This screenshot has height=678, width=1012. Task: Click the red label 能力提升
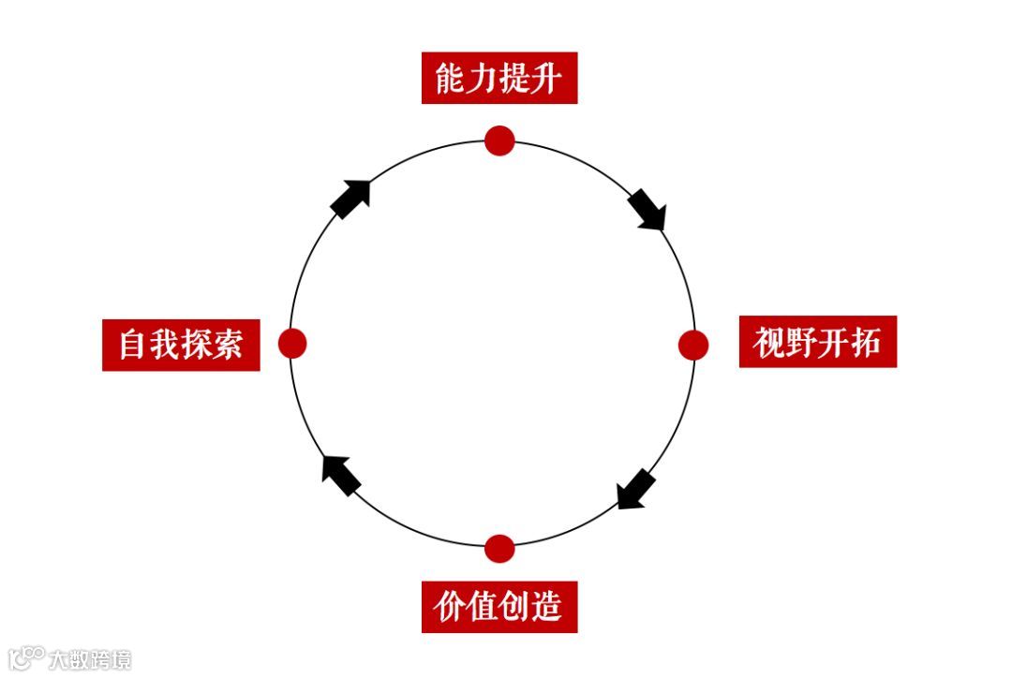pos(499,79)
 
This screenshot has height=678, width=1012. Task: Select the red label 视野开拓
pos(817,342)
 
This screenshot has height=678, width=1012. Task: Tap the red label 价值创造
pos(499,607)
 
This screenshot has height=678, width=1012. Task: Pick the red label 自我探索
pos(181,345)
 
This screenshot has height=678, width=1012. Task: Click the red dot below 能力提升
pos(499,140)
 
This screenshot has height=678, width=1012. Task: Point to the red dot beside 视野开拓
pos(693,345)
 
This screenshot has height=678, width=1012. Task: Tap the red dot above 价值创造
pos(499,548)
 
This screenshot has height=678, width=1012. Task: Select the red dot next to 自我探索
pos(292,344)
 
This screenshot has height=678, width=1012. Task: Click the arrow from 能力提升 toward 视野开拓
pos(647,209)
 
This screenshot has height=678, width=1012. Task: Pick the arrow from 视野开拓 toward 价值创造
pos(636,490)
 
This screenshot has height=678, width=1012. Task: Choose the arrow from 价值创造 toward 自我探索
pos(340,474)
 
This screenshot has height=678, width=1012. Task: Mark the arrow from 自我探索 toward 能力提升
pos(351,199)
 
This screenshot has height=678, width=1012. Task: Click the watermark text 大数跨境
pos(90,659)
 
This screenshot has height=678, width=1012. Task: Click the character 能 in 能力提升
pos(451,79)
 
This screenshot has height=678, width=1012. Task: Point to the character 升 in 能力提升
pos(547,79)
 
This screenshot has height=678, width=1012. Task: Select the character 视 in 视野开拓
pos(769,343)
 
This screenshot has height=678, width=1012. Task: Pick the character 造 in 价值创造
pos(547,607)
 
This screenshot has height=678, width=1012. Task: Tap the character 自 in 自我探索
pos(133,345)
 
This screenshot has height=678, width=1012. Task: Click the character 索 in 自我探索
pos(229,345)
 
